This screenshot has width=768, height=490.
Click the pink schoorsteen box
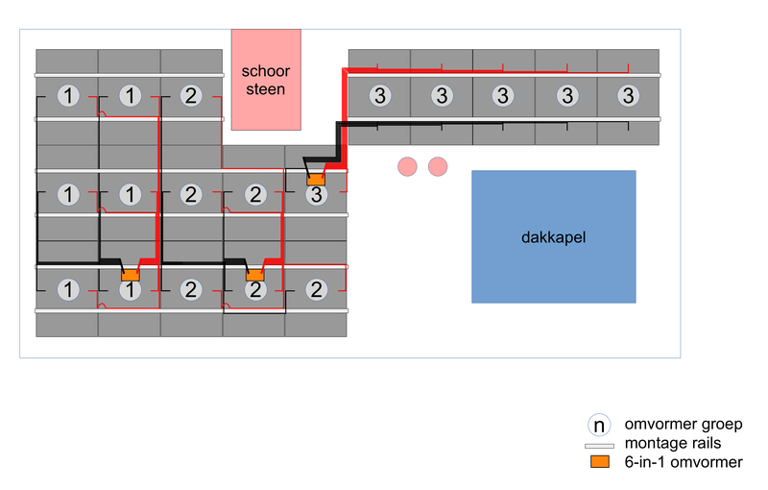266,80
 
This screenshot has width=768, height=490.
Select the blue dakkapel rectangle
553,236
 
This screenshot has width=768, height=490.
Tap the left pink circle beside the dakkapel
408,166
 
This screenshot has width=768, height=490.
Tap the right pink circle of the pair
439,166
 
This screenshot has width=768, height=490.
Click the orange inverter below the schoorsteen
316,179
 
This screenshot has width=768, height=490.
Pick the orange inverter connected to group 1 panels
130,276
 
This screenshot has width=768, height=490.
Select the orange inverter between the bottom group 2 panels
254,276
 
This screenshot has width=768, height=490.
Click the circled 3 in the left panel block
317,195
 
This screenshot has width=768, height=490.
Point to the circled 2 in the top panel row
191,96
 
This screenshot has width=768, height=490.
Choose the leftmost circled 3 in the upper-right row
380,96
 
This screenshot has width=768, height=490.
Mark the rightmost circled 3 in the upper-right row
628,96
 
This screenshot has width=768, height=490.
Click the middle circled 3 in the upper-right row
503,96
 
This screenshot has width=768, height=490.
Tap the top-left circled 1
67,96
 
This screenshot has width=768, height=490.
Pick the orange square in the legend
600,463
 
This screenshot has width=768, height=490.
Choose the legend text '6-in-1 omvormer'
683,463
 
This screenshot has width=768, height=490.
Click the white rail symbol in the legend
600,446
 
